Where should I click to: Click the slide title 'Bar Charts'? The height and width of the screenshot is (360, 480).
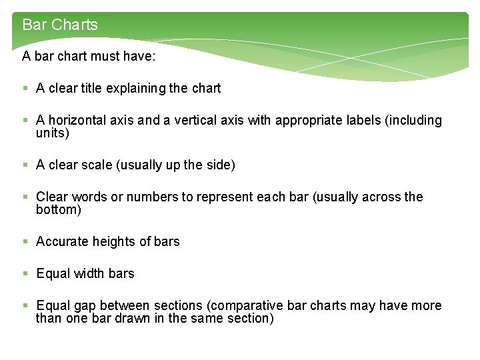[x=60, y=25]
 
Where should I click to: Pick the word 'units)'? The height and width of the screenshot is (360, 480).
[x=53, y=133]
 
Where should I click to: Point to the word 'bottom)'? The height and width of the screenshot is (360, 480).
[x=59, y=210]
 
